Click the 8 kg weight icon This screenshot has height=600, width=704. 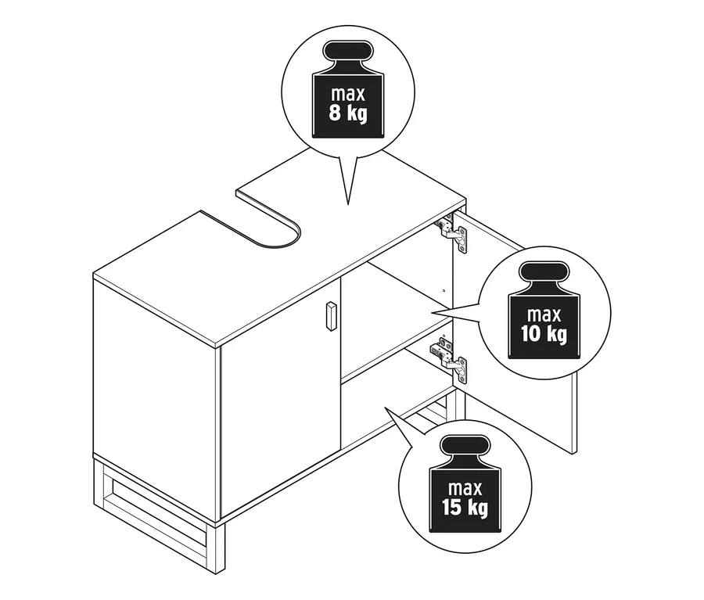pos(348,89)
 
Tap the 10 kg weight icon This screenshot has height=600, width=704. pos(544,311)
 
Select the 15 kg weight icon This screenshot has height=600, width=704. pos(465,483)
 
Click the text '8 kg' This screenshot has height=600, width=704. pos(348,113)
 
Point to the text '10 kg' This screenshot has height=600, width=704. pos(544,334)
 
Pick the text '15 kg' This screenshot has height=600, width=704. pos(465,508)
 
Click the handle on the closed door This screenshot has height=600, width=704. pos(331,316)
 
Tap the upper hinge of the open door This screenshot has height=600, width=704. pos(453,232)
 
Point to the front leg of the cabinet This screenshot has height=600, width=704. pos(220,547)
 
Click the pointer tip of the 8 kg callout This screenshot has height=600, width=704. pos(348,205)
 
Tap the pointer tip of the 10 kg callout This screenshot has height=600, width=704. pos(432,313)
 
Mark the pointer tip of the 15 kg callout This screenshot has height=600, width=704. pos(385,408)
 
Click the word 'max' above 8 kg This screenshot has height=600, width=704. pos(348,95)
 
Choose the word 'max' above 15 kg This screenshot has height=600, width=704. pos(465,489)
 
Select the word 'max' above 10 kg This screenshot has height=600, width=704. pos(544,315)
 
